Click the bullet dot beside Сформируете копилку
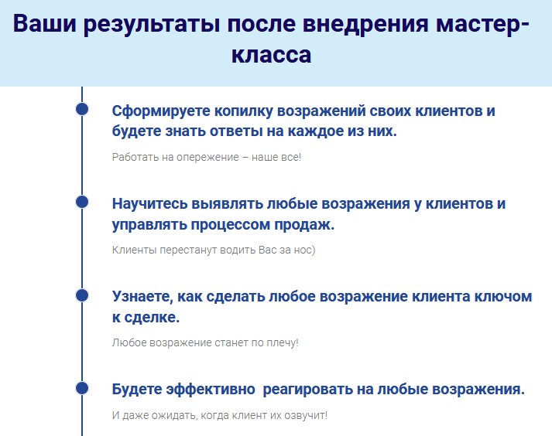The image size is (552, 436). point(82,109)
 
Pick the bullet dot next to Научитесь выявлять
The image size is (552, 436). point(82,202)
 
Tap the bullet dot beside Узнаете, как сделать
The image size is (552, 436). point(82,295)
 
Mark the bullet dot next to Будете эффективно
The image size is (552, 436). point(82,387)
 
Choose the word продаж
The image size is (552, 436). point(307,225)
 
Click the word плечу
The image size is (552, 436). point(281,342)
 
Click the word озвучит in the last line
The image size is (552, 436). point(305,415)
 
